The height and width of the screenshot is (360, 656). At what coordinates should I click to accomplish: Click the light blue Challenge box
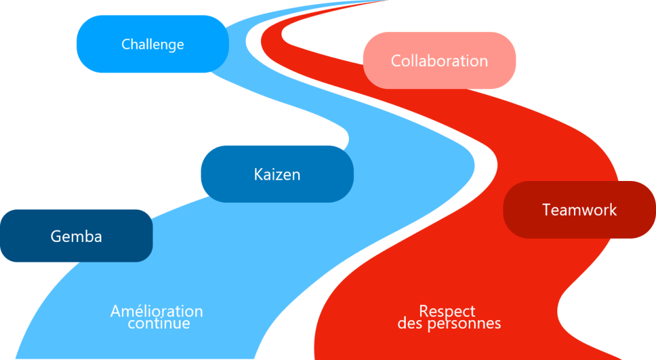click(x=153, y=44)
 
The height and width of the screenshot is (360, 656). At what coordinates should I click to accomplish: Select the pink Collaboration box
click(x=439, y=61)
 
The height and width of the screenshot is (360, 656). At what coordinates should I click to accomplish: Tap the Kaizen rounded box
click(x=276, y=174)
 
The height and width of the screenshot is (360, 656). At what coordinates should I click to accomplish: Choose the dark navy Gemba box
click(x=76, y=236)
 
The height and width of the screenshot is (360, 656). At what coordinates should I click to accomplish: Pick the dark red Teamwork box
click(x=579, y=210)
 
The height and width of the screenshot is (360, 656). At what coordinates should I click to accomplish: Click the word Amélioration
click(x=156, y=311)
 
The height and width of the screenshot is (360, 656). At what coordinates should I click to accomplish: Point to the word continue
click(x=158, y=323)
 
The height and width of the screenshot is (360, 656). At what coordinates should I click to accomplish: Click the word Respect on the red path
click(x=447, y=311)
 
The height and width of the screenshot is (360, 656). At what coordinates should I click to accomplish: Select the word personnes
click(x=463, y=323)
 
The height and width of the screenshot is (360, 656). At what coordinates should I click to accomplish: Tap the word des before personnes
click(x=409, y=323)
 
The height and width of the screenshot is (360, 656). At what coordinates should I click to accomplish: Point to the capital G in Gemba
click(x=55, y=236)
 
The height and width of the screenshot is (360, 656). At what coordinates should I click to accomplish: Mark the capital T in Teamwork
click(x=546, y=210)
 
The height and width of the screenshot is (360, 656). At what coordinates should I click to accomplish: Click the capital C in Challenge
click(x=126, y=44)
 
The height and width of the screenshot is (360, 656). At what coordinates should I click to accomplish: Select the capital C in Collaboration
click(x=396, y=61)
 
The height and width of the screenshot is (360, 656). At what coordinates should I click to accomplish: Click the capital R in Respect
click(x=423, y=311)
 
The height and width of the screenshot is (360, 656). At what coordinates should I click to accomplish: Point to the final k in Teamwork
click(x=613, y=210)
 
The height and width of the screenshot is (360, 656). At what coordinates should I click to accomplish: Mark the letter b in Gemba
click(x=87, y=236)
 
